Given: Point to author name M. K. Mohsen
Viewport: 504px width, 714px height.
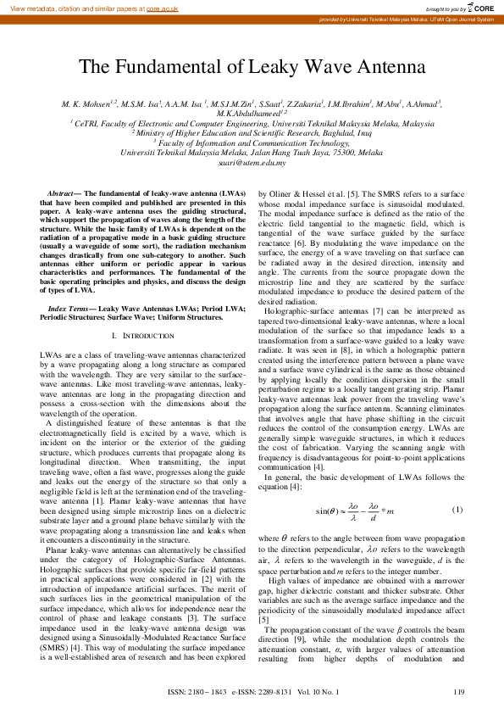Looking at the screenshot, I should pos(87,103).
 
